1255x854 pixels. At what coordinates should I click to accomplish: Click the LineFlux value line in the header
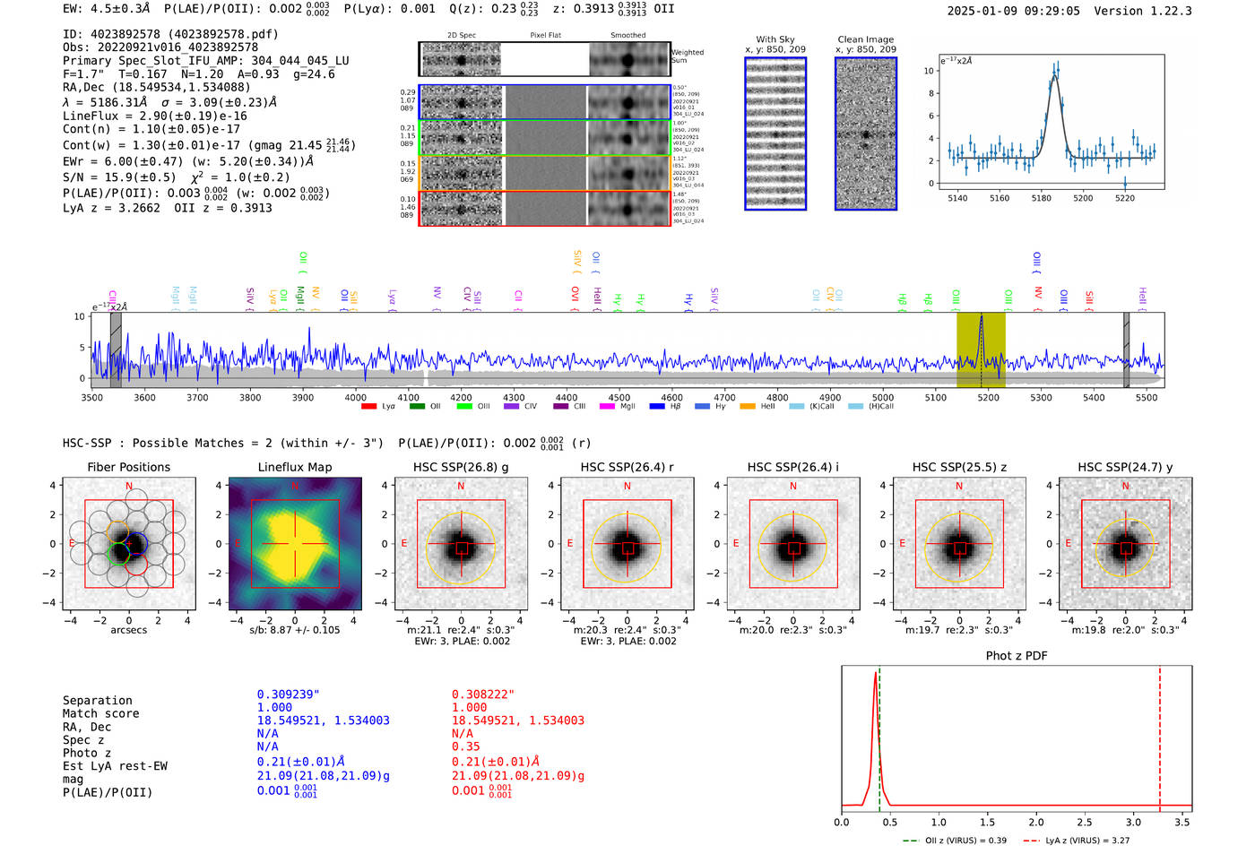[x=154, y=116]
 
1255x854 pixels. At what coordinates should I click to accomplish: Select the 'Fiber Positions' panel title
[x=128, y=467]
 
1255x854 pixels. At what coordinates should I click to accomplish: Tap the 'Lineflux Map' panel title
[x=295, y=467]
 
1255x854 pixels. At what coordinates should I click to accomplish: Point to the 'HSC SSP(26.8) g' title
[x=461, y=467]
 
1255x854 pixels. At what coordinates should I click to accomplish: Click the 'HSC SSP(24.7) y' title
[x=1125, y=467]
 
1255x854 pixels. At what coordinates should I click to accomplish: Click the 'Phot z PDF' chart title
[x=1017, y=656]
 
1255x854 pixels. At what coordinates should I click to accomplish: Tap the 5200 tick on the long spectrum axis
[x=988, y=398]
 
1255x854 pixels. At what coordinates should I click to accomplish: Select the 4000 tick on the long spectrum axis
[x=355, y=398]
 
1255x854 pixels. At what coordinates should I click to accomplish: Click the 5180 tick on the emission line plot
[x=1041, y=198]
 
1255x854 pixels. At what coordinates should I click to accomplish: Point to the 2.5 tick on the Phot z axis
[x=1085, y=822]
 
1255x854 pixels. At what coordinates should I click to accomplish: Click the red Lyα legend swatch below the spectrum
[x=368, y=407]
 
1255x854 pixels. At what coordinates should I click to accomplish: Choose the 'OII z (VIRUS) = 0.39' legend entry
[x=956, y=841]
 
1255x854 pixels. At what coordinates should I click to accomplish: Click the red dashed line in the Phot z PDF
[x=1159, y=735]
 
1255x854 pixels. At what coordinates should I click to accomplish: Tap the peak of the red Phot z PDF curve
[x=875, y=673]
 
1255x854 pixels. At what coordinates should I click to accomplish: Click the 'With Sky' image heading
[x=775, y=39]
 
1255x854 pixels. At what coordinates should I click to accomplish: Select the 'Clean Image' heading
[x=865, y=39]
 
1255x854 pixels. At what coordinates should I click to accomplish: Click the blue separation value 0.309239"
[x=289, y=694]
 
